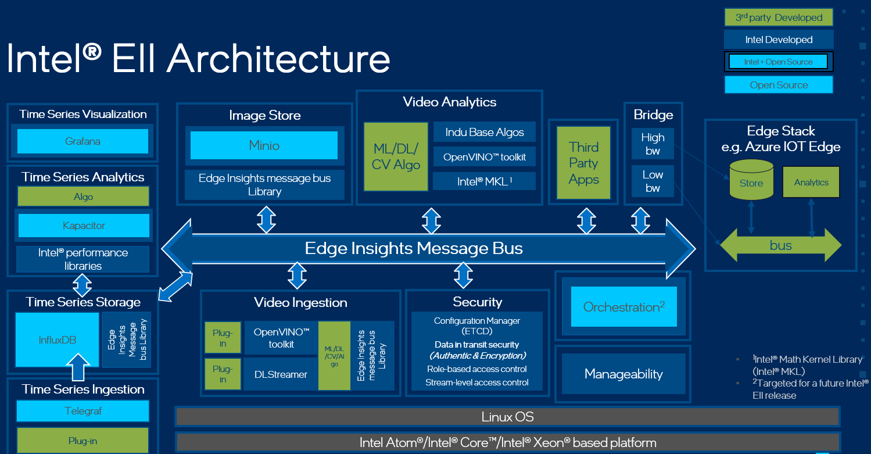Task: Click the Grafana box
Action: (83, 141)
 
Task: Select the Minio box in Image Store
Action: (264, 145)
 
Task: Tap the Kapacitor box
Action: (84, 226)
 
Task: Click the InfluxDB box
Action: (57, 340)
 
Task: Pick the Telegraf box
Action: (83, 411)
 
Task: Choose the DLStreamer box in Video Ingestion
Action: (281, 374)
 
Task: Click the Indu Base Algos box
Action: (484, 132)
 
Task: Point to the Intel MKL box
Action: (484, 181)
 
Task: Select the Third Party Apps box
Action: (583, 163)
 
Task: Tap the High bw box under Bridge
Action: (653, 144)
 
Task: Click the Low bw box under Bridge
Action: (653, 181)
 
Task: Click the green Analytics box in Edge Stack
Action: (811, 183)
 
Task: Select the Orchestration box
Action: (623, 306)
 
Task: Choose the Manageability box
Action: (623, 374)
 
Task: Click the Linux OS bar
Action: (507, 417)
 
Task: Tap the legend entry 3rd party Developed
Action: (779, 17)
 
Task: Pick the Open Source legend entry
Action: (779, 85)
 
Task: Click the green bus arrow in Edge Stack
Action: (780, 245)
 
